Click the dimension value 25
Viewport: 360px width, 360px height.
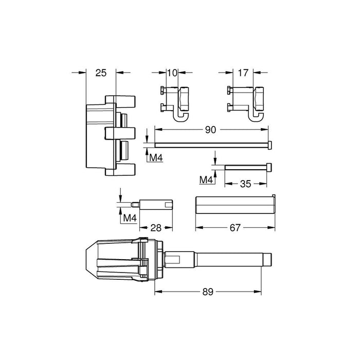pyautogui.click(x=101, y=73)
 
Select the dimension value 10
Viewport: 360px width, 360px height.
pyautogui.click(x=173, y=74)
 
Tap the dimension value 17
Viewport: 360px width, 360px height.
pyautogui.click(x=243, y=74)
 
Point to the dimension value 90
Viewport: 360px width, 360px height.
pyautogui.click(x=210, y=130)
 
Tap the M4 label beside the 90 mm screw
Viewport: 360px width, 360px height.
pyautogui.click(x=155, y=157)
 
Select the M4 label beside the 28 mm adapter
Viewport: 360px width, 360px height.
pyautogui.click(x=130, y=219)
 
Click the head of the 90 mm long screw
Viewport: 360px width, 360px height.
pyautogui.click(x=270, y=146)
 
